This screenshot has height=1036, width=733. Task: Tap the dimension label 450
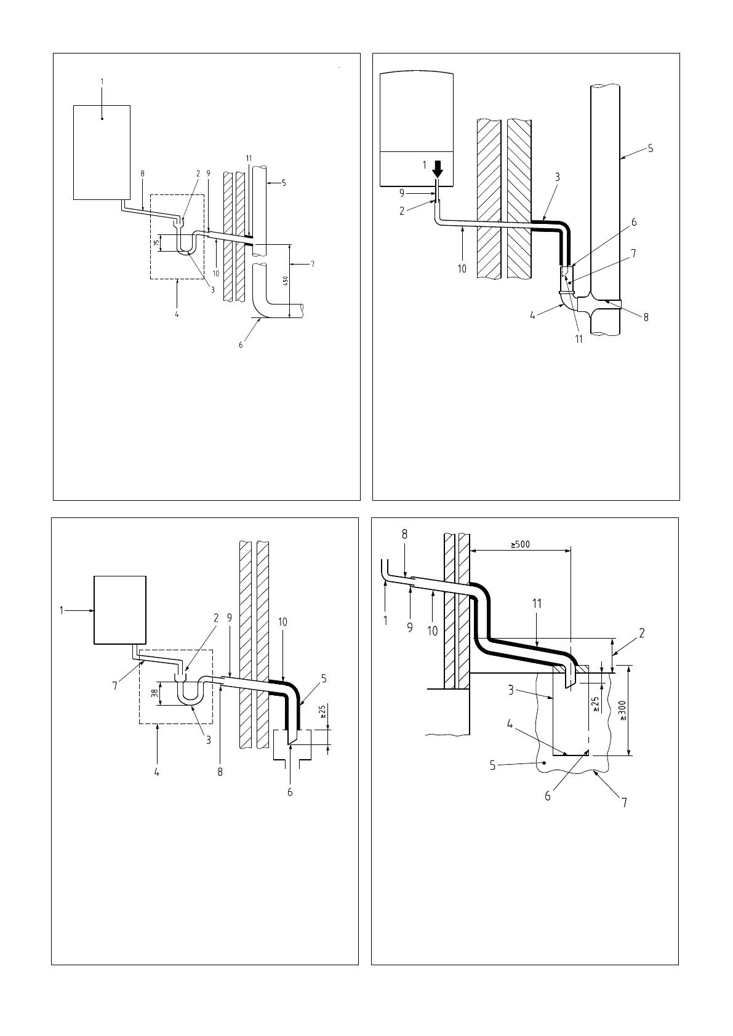tap(284, 281)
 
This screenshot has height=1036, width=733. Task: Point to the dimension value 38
tap(155, 693)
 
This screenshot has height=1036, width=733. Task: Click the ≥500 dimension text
tap(521, 544)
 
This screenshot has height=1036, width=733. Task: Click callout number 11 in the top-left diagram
tap(249, 158)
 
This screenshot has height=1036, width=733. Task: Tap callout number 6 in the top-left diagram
tap(241, 345)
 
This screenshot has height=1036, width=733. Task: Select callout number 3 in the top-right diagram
tap(557, 177)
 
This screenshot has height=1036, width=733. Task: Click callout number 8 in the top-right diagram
tap(646, 317)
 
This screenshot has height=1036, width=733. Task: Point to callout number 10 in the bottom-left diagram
tap(282, 622)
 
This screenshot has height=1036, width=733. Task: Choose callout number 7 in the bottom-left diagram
tap(115, 686)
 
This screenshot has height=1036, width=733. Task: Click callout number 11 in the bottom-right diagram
tap(537, 604)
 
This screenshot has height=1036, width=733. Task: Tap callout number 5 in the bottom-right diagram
tap(493, 766)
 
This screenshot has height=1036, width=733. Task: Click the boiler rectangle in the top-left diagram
tap(102, 152)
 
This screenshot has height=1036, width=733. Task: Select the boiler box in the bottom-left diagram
tap(119, 609)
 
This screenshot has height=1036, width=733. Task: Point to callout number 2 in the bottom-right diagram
tap(641, 633)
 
